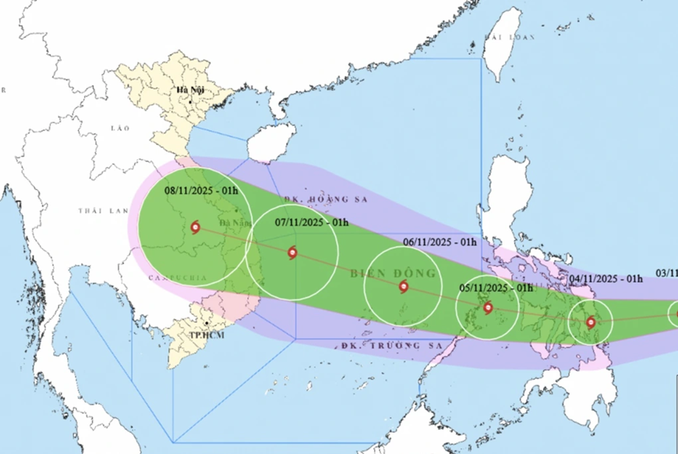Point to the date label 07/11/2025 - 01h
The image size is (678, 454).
312,222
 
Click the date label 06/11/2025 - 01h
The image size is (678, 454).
440,242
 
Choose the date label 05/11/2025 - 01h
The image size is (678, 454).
496,288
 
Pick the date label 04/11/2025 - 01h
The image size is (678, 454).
606,278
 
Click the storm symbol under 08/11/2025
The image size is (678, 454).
194,228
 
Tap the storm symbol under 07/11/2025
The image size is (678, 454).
291,252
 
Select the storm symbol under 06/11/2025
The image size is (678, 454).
403,286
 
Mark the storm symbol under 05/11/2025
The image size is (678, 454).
488,307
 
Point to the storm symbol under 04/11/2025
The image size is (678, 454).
590,322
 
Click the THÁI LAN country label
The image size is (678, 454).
97,211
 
